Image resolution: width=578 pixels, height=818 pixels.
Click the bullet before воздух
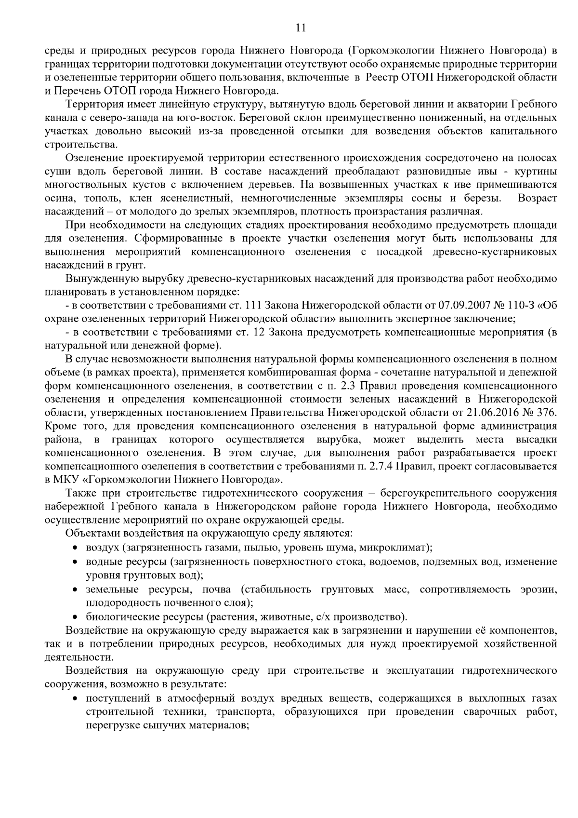coord(75,548)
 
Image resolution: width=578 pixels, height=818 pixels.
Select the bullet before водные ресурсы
coord(75,562)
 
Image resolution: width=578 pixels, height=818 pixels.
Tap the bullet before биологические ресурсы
coord(75,617)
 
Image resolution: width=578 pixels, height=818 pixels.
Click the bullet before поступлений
coord(75,698)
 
